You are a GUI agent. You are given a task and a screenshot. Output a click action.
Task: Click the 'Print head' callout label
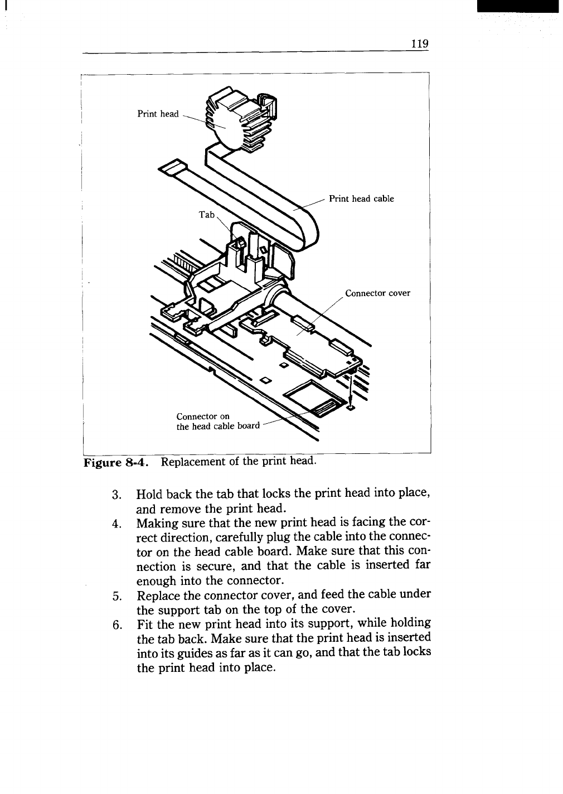158,114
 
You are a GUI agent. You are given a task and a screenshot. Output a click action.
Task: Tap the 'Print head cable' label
361,198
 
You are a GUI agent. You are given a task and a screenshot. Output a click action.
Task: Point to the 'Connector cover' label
377,293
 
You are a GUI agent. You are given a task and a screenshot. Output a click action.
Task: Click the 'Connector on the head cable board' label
217,422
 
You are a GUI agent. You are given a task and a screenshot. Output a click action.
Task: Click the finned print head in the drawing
237,120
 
